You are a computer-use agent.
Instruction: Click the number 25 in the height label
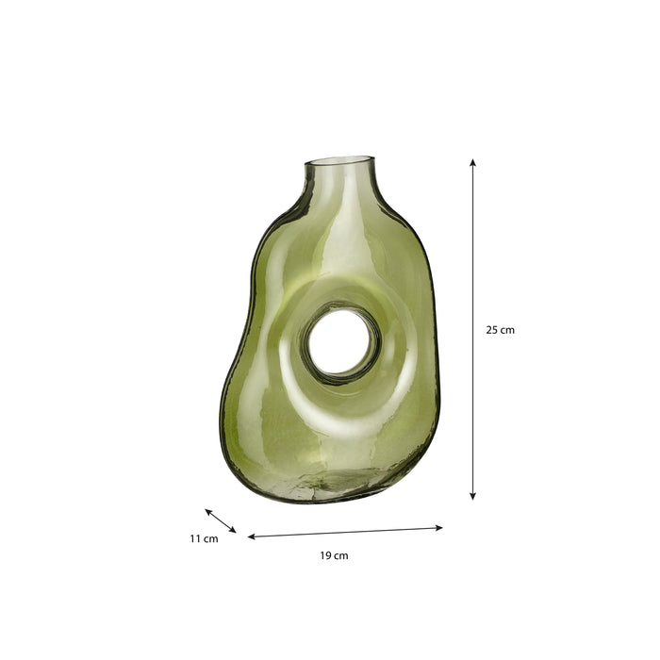[491, 330]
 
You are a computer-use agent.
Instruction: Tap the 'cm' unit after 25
[507, 330]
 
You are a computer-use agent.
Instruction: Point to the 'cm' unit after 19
[341, 556]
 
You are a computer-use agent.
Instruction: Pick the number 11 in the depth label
[195, 539]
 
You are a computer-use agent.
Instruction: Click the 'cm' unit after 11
[211, 539]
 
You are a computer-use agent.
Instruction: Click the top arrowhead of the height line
[472, 163]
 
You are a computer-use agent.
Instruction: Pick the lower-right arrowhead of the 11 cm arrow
[233, 530]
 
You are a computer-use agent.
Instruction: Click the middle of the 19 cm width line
[345, 533]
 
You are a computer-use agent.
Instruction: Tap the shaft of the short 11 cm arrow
[221, 521]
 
